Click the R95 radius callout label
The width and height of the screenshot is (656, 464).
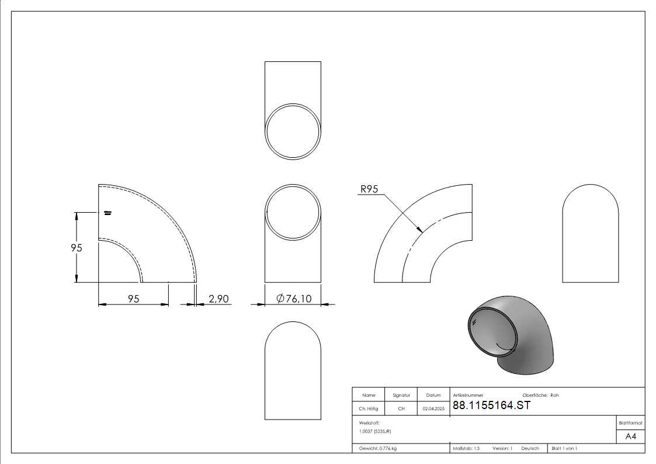click(369, 189)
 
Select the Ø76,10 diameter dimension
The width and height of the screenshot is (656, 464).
click(294, 299)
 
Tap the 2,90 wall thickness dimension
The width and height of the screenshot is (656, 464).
click(218, 299)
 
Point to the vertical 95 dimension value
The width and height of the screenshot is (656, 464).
click(77, 248)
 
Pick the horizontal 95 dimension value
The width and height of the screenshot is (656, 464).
click(133, 299)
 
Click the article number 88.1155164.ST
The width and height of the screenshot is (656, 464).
click(492, 406)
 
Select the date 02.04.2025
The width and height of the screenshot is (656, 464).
click(433, 408)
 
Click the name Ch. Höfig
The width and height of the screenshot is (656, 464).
click(368, 408)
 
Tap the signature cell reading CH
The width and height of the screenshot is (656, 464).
click(401, 408)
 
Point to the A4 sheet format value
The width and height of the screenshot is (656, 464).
click(630, 437)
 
